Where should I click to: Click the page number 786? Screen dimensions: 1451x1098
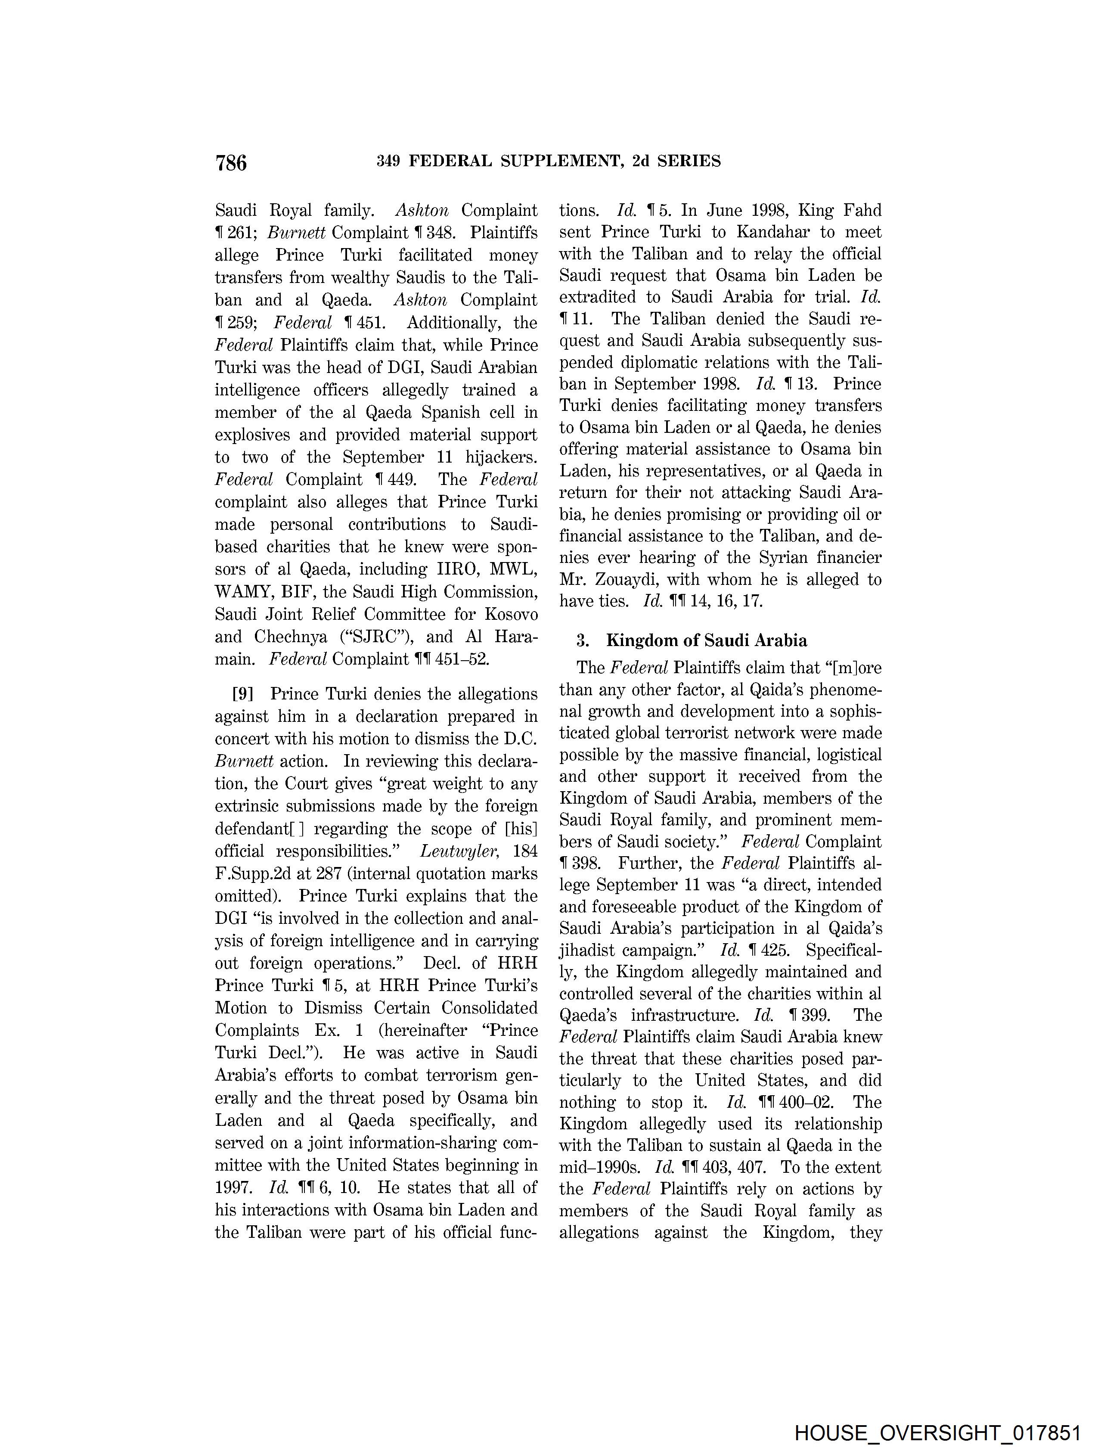[231, 162]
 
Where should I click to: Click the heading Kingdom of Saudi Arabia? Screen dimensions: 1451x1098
[707, 640]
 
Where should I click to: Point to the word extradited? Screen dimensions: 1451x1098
[598, 297]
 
